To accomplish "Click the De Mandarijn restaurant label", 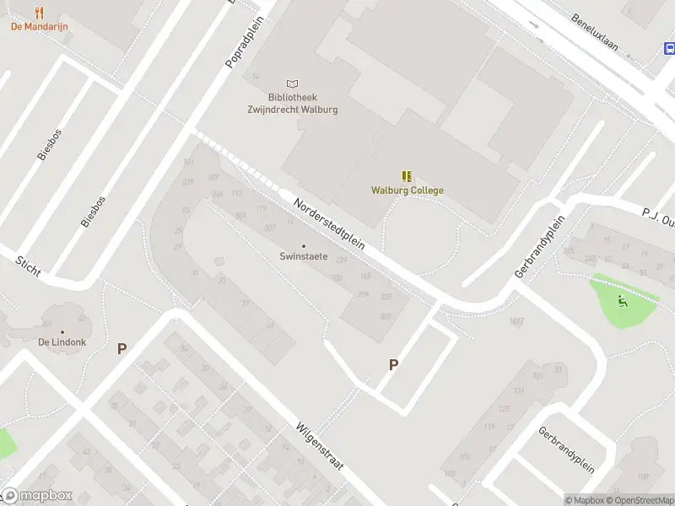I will click(39, 26).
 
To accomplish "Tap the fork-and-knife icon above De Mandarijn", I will click(39, 12).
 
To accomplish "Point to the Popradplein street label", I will click(244, 46).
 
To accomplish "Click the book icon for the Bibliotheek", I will click(292, 83).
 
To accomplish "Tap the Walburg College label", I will click(407, 190).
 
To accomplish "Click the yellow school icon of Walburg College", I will click(407, 176).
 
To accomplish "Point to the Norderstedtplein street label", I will click(329, 223).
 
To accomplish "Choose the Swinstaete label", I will click(304, 256).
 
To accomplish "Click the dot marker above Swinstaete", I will click(304, 245).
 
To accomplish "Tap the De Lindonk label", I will click(61, 342).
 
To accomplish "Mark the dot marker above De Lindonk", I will click(61, 331).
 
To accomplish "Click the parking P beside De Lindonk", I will click(121, 348).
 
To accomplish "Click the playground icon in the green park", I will click(623, 300).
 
